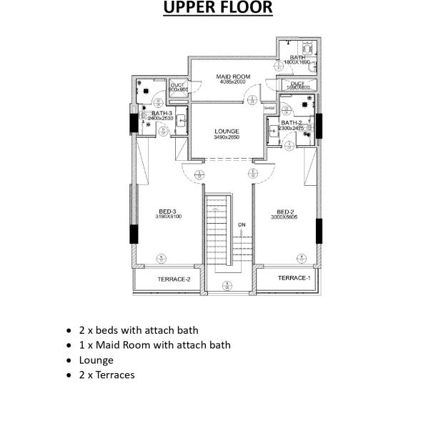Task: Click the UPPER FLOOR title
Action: tap(218, 9)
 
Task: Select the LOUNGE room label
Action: tap(226, 132)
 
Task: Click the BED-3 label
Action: tap(167, 212)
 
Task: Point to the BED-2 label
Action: tap(285, 212)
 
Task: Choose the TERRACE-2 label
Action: tap(174, 279)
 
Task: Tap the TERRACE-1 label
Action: tap(294, 277)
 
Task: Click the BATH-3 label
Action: tap(161, 112)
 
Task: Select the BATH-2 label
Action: tap(291, 123)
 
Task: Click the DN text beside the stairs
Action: tap(242, 224)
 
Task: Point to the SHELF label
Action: tap(269, 108)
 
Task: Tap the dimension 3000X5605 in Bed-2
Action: tap(285, 217)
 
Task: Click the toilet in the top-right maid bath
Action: tap(309, 44)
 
